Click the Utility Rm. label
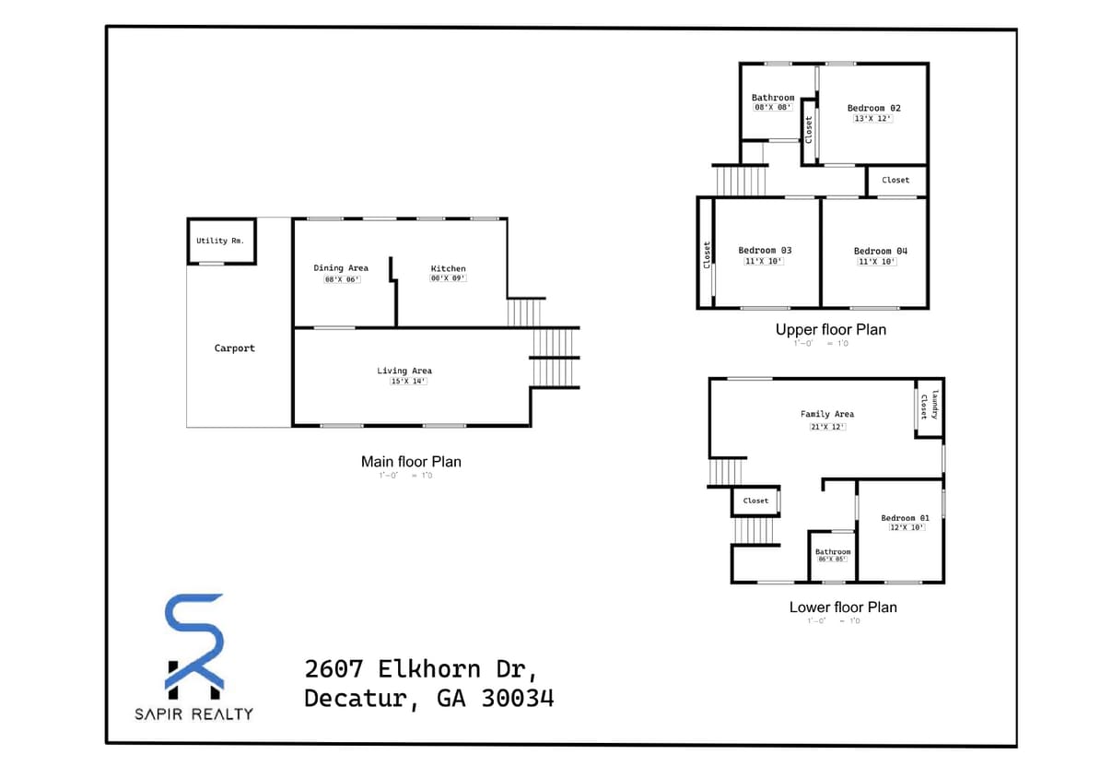point(219,241)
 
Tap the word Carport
point(235,348)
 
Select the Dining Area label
point(341,268)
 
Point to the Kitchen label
point(449,268)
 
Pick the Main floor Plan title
point(411,461)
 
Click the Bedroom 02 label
point(873,108)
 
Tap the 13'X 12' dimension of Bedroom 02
point(873,118)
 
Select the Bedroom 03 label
point(765,251)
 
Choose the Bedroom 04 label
point(881,251)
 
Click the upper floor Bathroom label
point(773,98)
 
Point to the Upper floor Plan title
point(831,329)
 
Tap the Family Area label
point(827,415)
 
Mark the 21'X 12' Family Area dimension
point(827,426)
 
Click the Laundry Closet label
point(929,405)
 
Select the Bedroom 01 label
point(905,518)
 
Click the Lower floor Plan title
point(843,607)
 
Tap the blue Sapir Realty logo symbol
point(193,645)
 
